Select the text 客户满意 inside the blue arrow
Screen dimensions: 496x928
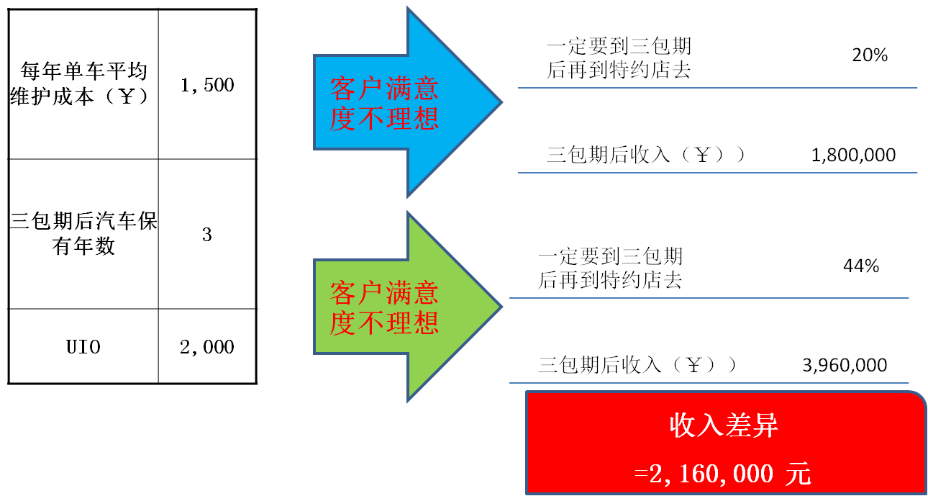click(384, 89)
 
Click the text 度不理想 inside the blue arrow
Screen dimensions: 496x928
click(384, 119)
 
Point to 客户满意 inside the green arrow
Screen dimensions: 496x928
click(384, 293)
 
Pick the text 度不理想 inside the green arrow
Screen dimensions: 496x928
click(384, 323)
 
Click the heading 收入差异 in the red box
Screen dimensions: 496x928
click(724, 425)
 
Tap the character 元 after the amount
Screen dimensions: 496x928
click(799, 474)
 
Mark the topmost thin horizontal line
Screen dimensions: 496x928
click(717, 88)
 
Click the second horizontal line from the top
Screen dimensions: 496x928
click(717, 173)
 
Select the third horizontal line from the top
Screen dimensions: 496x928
click(709, 297)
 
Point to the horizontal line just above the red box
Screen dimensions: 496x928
click(709, 382)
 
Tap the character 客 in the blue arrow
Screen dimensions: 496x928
click(343, 89)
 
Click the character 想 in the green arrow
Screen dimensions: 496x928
click(426, 323)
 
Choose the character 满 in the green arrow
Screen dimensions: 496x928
click(398, 293)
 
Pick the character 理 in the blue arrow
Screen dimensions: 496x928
click(398, 119)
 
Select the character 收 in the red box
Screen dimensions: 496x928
click(683, 425)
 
